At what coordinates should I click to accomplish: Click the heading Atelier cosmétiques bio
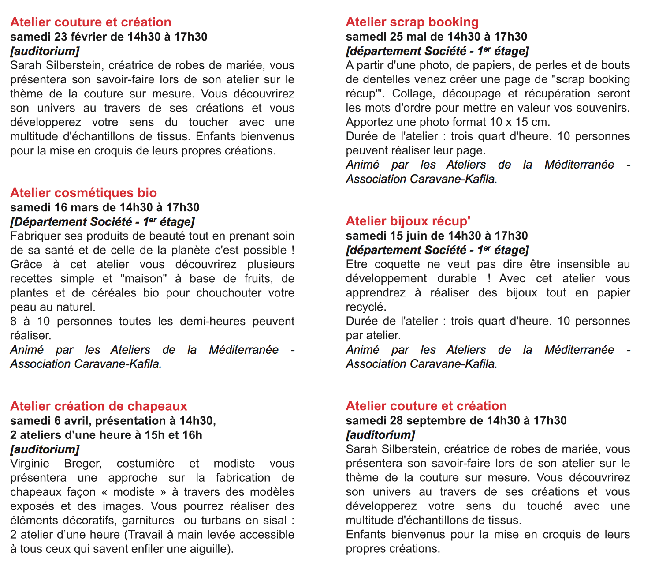83,193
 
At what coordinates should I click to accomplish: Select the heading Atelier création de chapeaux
98,406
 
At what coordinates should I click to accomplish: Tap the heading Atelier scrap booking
412,22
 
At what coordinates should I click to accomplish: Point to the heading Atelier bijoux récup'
408,221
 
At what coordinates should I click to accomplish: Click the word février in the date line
93,37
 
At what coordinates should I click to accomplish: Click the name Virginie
30,464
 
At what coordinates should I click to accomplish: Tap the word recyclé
365,307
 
